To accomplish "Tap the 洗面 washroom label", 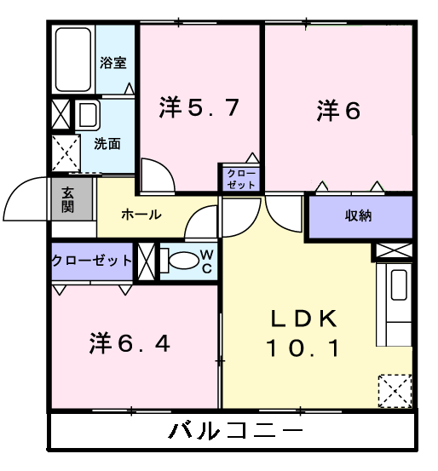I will pos(107,143).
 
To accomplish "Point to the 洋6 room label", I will pos(339,111).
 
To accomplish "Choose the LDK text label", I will pos(305,320).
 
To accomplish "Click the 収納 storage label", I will pos(358,215).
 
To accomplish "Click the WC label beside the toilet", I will pos(206,261).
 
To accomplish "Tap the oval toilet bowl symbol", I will pos(179,261).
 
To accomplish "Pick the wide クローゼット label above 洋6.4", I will pos(91,261).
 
